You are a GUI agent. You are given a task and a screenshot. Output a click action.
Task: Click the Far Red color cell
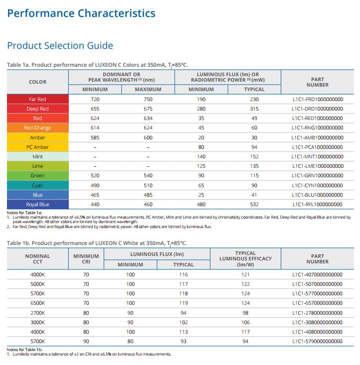[37, 99]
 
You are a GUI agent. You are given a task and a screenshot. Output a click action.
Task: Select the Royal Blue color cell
[37, 204]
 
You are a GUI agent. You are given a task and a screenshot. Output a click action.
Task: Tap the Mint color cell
[37, 156]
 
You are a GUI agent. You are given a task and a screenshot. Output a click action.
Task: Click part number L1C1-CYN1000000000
[317, 186]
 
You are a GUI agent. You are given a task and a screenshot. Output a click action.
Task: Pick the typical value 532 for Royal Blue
[254, 204]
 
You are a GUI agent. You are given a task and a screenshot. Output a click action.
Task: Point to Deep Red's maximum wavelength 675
[148, 109]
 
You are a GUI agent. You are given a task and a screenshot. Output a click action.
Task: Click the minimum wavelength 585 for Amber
[95, 137]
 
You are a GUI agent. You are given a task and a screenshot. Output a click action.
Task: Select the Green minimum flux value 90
[201, 175]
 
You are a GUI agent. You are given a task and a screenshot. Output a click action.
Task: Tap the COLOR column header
[37, 82]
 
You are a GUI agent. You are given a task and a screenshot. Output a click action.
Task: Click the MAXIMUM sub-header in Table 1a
[148, 90]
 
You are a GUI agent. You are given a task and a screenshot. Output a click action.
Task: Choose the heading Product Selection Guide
[60, 45]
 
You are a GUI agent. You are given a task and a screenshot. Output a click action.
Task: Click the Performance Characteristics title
[81, 13]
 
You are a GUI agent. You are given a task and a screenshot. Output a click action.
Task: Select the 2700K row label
[37, 313]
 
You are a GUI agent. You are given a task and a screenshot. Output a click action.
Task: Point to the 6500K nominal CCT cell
[37, 303]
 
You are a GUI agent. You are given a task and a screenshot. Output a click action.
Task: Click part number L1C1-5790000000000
[317, 341]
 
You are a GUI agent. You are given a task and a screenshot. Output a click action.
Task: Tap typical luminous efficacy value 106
[245, 322]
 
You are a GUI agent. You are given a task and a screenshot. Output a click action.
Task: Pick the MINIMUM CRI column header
[86, 259]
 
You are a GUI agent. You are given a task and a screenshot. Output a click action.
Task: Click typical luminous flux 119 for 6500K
[183, 303]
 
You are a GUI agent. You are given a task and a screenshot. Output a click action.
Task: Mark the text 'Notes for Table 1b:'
[24, 350]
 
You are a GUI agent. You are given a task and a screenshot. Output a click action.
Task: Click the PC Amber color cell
[37, 147]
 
